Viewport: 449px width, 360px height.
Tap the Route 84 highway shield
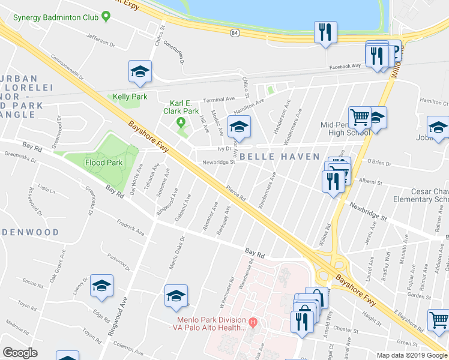click(x=234, y=33)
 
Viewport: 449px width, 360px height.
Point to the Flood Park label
click(x=103, y=163)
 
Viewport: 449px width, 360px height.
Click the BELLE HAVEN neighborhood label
click(x=279, y=157)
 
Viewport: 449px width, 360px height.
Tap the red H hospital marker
click(x=253, y=323)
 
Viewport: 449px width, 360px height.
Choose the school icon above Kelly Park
click(x=140, y=73)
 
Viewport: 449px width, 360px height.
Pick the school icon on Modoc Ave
click(x=240, y=127)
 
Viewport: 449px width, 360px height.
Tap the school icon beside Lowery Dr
click(x=101, y=286)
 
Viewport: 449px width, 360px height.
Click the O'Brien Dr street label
click(x=379, y=161)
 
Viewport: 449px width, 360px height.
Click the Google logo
click(x=20, y=352)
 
